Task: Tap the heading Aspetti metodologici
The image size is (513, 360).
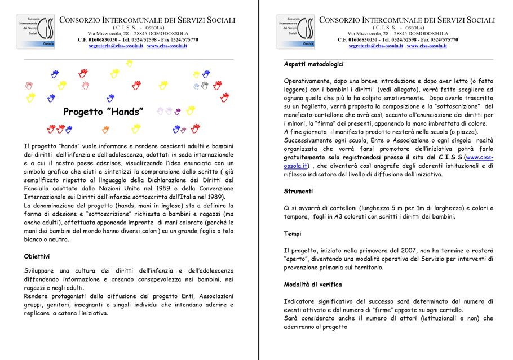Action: coord(313,65)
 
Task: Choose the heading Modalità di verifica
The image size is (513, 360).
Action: coord(312,285)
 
